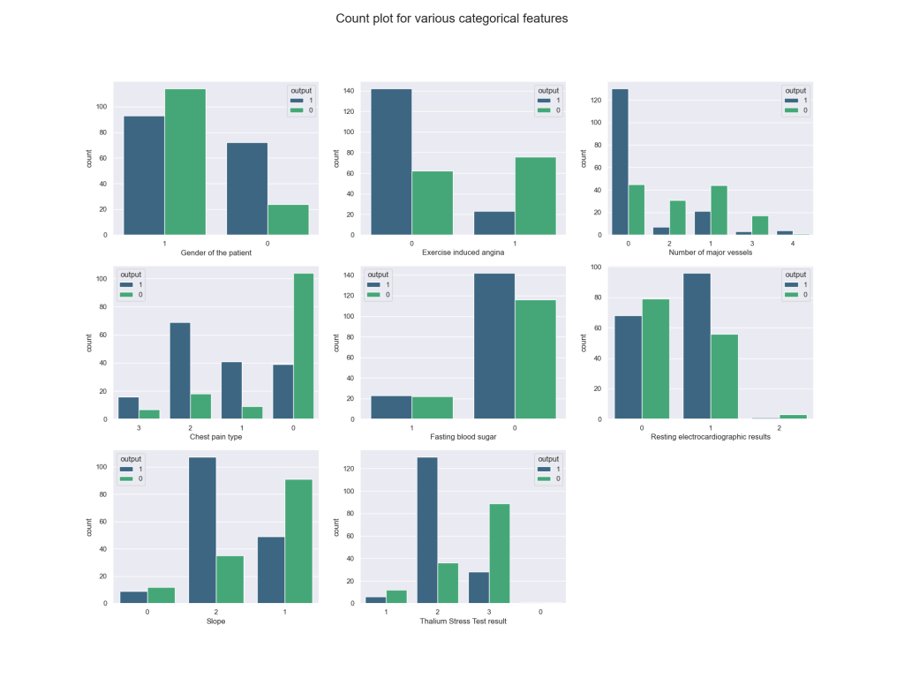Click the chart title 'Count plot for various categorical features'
tap(451, 18)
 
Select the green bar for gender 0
tap(288, 219)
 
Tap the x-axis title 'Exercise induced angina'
tap(463, 253)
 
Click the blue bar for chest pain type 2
tap(180, 371)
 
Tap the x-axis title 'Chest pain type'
tap(215, 437)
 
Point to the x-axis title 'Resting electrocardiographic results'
tap(711, 437)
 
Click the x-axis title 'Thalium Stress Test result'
tap(463, 621)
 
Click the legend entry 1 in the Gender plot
tap(305, 100)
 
